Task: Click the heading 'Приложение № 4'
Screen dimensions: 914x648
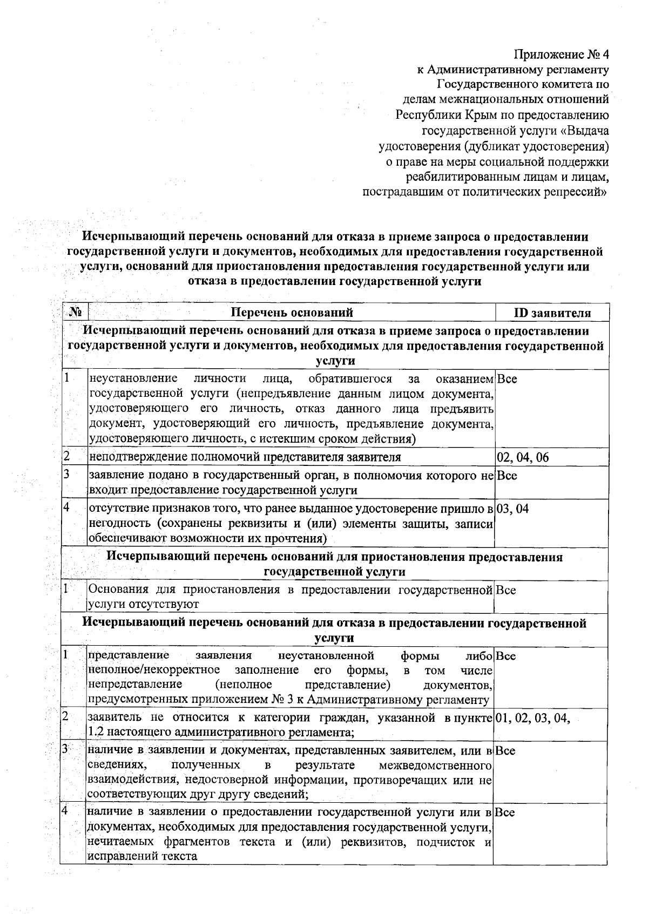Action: (561, 55)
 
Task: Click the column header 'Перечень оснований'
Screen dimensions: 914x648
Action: (292, 313)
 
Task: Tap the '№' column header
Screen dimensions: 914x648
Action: (76, 313)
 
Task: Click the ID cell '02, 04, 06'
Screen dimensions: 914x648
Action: (523, 458)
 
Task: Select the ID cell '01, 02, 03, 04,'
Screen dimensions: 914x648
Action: (532, 718)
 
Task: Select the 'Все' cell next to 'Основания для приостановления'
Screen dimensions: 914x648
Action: (506, 590)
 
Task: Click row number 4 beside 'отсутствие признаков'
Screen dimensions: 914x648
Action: (67, 508)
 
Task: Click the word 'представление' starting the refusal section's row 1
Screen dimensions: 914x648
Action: (129, 656)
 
